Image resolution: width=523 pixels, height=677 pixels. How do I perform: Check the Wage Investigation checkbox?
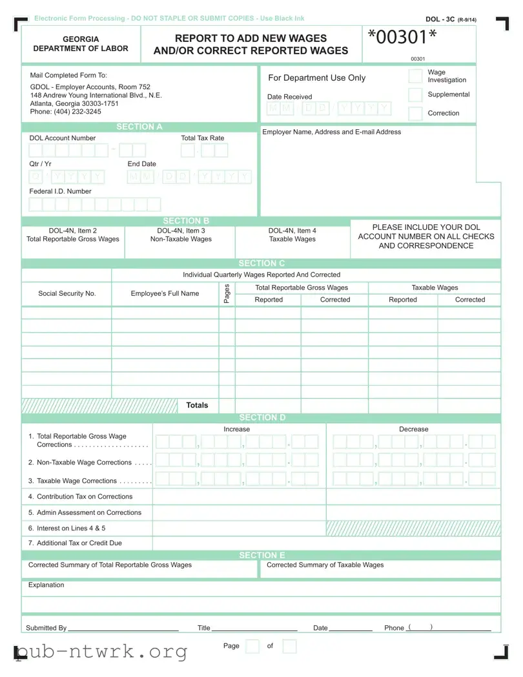[416, 76]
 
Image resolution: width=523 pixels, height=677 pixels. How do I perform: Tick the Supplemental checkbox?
[416, 95]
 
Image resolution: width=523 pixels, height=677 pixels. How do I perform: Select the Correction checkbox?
[416, 114]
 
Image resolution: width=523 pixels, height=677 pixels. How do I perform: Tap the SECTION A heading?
[139, 127]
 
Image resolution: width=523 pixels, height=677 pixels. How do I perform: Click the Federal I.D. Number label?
[60, 191]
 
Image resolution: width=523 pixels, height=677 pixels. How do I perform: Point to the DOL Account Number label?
[62, 138]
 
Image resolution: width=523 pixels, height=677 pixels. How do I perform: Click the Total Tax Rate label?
[203, 138]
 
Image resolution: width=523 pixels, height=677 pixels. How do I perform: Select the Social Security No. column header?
[67, 293]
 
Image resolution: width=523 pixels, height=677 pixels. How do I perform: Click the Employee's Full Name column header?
[165, 293]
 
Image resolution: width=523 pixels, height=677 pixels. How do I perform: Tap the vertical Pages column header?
[227, 293]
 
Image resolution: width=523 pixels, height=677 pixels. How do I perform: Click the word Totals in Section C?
[197, 405]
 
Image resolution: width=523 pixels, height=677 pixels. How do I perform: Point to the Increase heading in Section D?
[236, 429]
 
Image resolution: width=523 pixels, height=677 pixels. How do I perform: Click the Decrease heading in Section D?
[413, 429]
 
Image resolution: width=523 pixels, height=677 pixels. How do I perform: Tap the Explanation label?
[46, 585]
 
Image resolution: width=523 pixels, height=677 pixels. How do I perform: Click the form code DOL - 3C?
[440, 19]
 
